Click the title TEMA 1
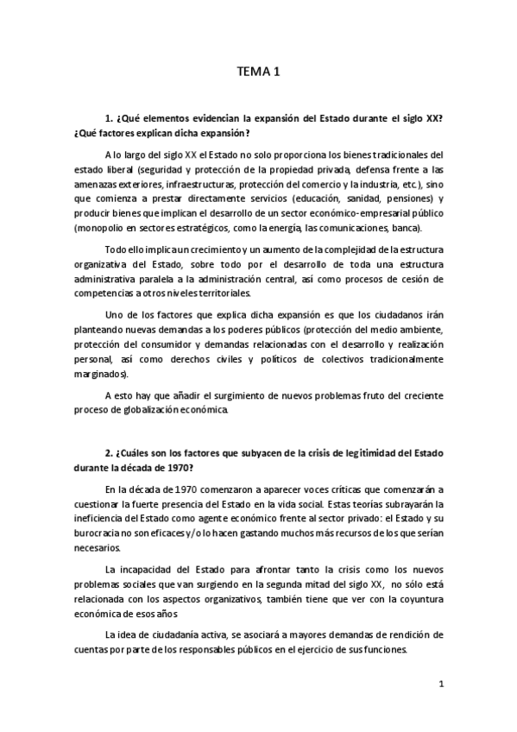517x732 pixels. [x=258, y=74]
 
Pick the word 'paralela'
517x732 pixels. [x=156, y=278]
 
